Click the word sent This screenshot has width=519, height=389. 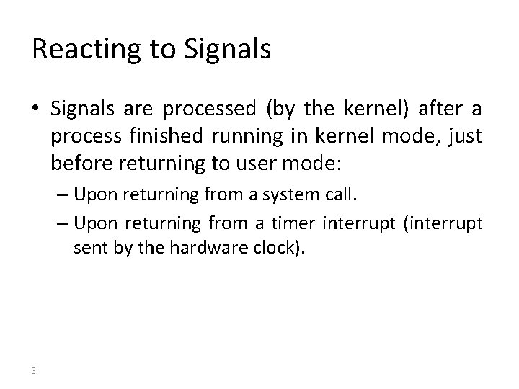click(x=86, y=249)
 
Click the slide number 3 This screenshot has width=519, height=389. click(x=34, y=371)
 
